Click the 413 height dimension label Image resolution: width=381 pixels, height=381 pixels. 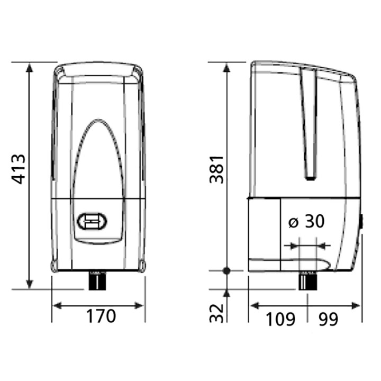point(19,169)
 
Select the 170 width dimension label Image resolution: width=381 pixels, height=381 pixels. point(101,316)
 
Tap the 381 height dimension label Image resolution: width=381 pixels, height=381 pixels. point(216,169)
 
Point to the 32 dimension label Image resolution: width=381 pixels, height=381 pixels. point(216,313)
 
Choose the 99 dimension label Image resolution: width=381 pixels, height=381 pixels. point(328,319)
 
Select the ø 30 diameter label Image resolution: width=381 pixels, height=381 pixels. point(306,222)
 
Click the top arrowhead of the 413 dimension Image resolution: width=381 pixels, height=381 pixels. point(30,67)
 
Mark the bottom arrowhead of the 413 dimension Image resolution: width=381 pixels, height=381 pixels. point(30,284)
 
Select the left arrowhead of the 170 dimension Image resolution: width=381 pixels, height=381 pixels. point(57,305)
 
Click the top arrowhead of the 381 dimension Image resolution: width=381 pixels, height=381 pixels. point(226,67)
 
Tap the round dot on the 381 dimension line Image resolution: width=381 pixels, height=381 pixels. point(226,271)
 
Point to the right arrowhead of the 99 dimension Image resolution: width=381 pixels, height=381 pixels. point(357,305)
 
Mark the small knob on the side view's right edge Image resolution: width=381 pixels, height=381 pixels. point(362,222)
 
